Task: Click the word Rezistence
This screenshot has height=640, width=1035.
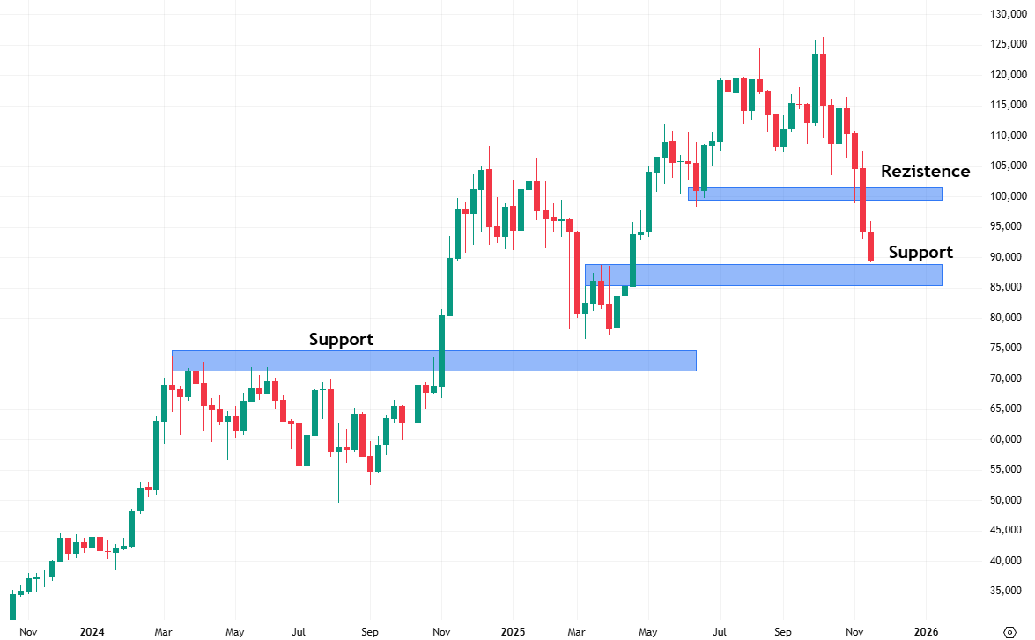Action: (x=925, y=171)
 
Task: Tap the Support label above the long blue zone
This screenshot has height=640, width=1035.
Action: (x=341, y=339)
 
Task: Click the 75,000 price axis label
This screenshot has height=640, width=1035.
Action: (x=1005, y=348)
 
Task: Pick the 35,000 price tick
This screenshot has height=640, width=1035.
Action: (x=1005, y=591)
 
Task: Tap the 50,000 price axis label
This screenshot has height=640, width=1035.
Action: (x=1005, y=500)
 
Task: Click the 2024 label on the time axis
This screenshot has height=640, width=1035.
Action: (x=92, y=631)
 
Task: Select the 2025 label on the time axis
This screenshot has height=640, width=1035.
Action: (x=513, y=631)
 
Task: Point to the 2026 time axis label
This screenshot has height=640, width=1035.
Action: (x=926, y=631)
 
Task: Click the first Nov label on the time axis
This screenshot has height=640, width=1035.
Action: (x=28, y=631)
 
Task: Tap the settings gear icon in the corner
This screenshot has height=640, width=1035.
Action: (x=1010, y=630)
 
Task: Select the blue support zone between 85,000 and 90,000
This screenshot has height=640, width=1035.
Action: (x=763, y=275)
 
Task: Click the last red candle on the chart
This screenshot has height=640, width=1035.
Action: (x=871, y=246)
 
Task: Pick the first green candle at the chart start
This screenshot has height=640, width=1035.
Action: (x=12, y=606)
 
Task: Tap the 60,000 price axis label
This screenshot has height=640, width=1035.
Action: (x=1005, y=439)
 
